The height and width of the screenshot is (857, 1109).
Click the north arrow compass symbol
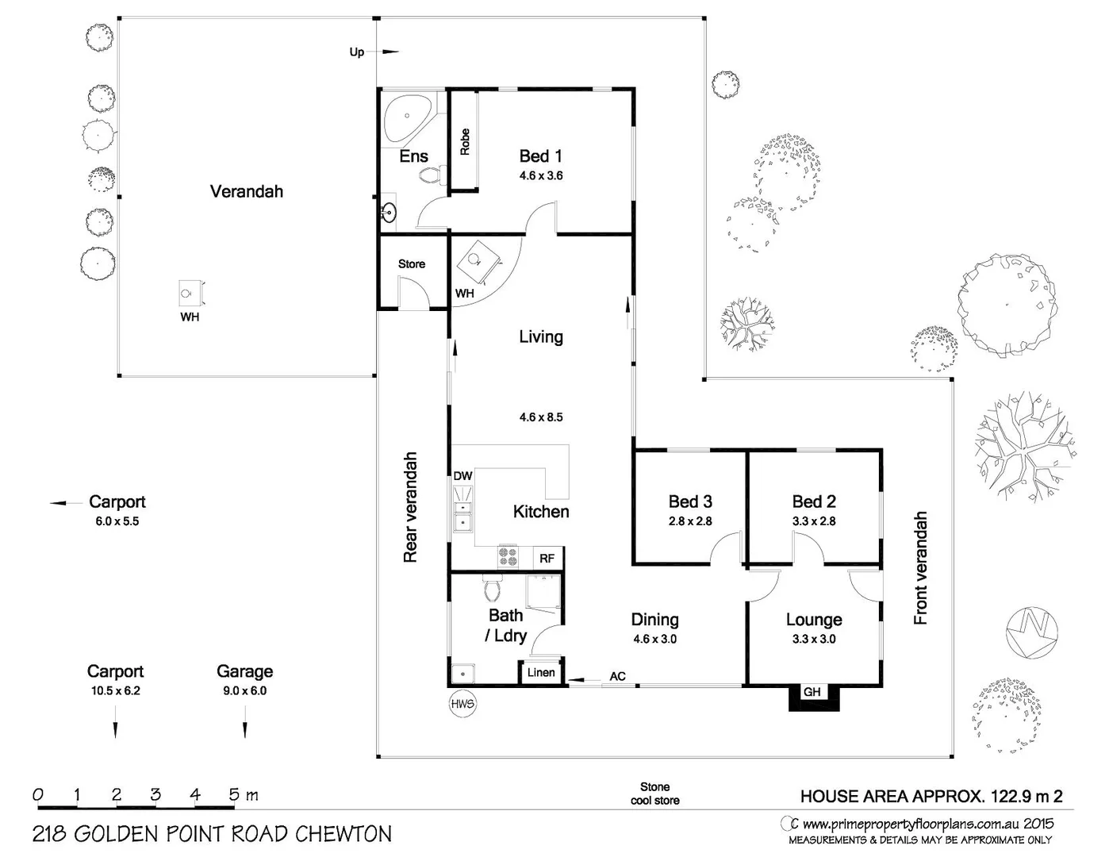click(x=1031, y=633)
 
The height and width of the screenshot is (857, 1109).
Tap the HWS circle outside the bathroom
click(x=462, y=705)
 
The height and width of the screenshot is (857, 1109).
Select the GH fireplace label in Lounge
click(x=812, y=692)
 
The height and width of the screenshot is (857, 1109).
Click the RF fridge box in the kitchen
click(x=547, y=558)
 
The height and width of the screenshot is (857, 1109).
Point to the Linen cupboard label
click(x=541, y=672)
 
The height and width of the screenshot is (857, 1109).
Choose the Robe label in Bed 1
click(x=464, y=142)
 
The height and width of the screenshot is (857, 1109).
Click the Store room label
click(x=412, y=264)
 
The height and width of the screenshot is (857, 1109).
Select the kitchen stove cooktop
click(x=508, y=556)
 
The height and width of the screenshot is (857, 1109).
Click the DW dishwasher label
click(x=463, y=475)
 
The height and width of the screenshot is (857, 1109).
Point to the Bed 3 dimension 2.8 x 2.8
click(x=690, y=521)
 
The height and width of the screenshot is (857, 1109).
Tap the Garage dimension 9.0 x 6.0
click(x=244, y=690)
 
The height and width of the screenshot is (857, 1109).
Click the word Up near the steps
click(x=357, y=52)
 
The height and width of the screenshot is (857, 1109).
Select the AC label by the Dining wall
click(x=617, y=676)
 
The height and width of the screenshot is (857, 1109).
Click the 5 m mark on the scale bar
click(x=234, y=795)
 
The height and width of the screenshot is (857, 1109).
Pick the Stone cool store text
click(x=654, y=794)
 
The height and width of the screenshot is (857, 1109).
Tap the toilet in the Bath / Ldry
click(x=493, y=589)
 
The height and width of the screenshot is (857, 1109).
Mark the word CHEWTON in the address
click(x=343, y=834)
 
